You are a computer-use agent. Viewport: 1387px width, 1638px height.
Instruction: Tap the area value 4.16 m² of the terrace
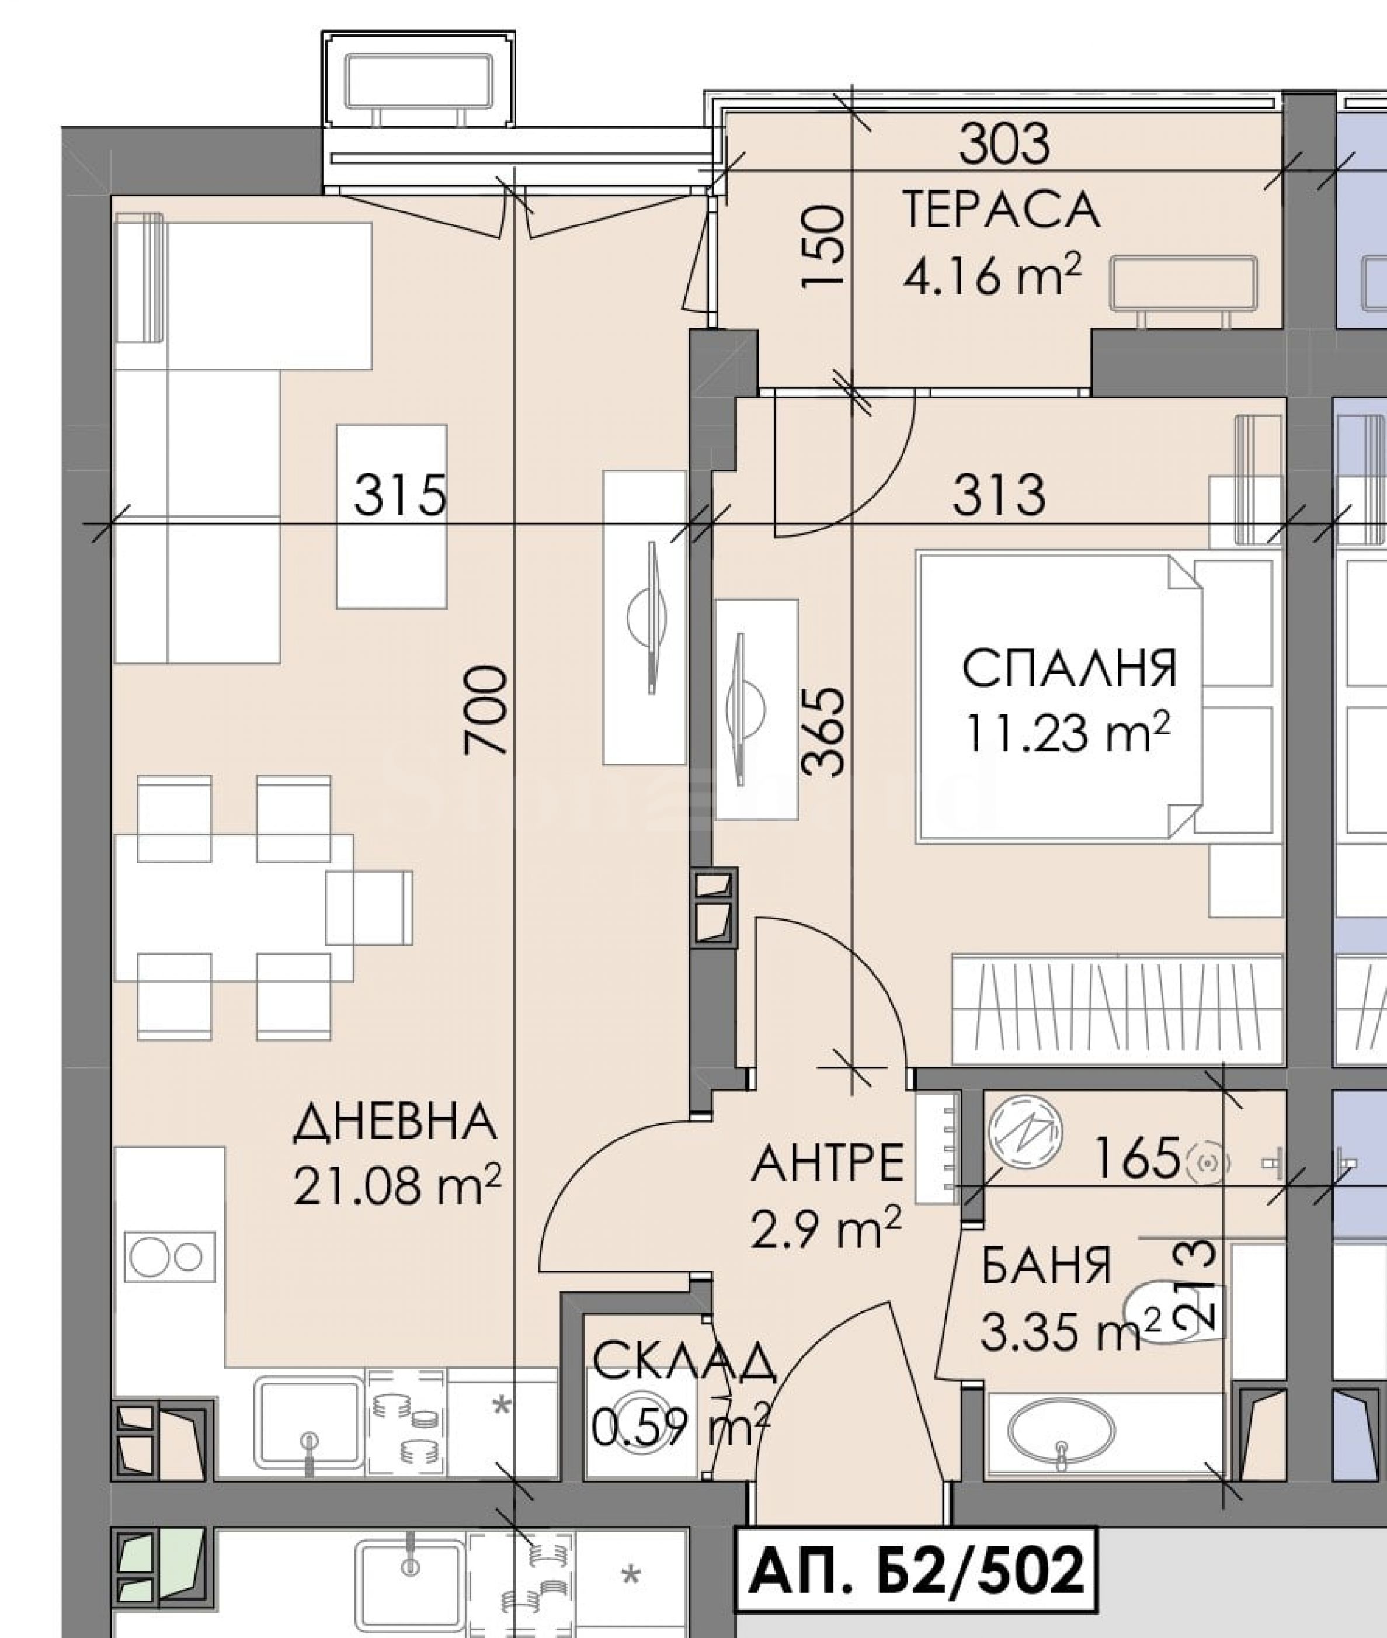tap(993, 275)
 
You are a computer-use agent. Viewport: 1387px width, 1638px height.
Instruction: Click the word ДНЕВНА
tap(395, 1122)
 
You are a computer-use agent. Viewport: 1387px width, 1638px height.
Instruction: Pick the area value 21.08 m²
tap(397, 1184)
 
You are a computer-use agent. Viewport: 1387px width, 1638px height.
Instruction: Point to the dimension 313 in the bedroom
tap(999, 496)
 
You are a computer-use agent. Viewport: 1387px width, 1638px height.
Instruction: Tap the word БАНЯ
tap(1047, 1265)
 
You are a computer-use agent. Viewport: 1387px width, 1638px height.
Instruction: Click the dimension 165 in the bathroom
tap(1137, 1158)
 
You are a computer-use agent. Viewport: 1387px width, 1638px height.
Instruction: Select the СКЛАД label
tap(684, 1363)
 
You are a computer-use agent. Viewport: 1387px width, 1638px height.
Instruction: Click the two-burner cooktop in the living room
tap(169, 1257)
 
